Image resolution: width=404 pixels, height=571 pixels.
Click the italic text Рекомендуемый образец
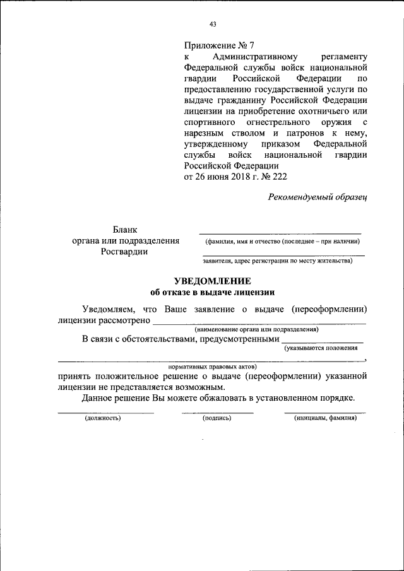point(318,197)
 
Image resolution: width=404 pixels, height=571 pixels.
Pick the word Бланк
point(124,230)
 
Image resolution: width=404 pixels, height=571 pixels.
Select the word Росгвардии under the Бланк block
point(124,252)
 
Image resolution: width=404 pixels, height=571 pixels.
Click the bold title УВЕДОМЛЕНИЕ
point(213,281)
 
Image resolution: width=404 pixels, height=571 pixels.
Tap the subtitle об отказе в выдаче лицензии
point(213,292)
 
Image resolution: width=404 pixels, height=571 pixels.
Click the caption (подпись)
point(217,418)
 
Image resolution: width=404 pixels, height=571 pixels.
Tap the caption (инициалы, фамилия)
point(325,418)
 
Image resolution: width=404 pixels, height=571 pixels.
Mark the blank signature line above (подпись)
point(217,412)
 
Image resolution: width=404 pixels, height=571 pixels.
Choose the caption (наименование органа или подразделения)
point(256,329)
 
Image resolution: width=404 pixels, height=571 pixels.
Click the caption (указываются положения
point(324,348)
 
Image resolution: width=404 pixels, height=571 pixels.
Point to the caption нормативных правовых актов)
point(212,366)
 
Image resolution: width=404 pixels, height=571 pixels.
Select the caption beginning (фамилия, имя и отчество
point(281,241)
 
